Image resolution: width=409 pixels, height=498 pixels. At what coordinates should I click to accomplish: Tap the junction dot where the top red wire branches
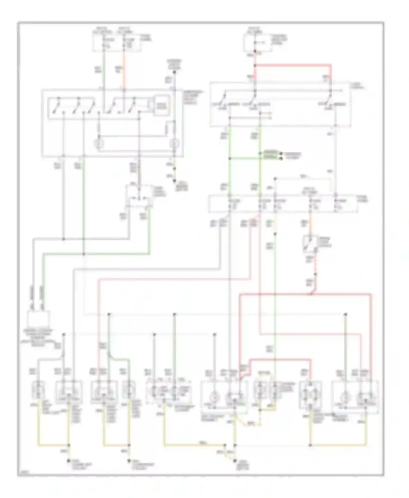point(255,66)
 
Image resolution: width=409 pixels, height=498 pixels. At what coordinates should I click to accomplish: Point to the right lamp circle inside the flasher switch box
point(174,143)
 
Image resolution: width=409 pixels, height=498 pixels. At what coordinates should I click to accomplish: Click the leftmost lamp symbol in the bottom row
point(38,391)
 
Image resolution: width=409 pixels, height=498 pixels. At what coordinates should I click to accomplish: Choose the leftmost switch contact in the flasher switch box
point(56,105)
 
